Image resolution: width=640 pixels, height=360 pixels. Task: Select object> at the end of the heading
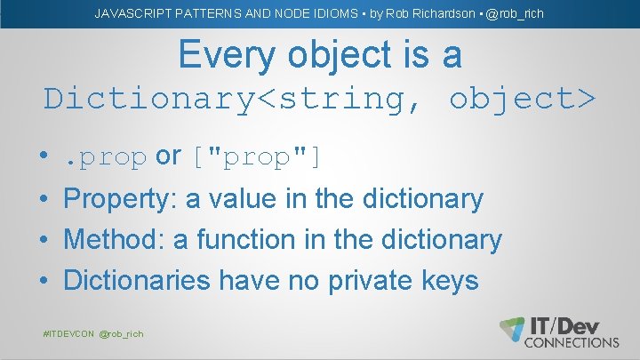tap(522, 98)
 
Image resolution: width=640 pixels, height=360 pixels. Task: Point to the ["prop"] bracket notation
tap(256, 157)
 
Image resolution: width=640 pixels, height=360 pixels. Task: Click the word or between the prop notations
tap(168, 156)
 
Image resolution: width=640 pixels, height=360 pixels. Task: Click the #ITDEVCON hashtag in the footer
tap(68, 333)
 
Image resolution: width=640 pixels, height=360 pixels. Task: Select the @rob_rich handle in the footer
tap(121, 333)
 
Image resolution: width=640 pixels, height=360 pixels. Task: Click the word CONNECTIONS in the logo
tap(572, 342)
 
